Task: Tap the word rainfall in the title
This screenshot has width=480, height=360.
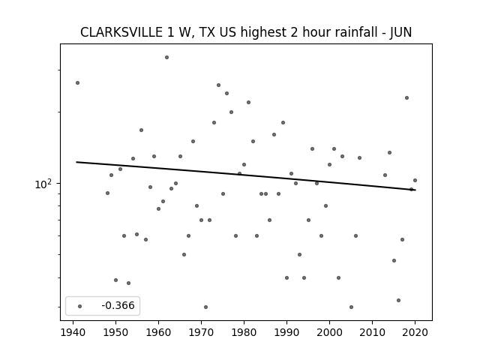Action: (359, 32)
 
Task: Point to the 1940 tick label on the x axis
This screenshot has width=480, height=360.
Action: (73, 332)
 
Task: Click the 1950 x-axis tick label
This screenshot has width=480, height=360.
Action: (115, 332)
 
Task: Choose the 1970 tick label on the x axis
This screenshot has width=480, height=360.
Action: (202, 332)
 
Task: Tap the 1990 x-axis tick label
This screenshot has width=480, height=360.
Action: (286, 332)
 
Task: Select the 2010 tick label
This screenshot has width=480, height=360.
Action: (372, 332)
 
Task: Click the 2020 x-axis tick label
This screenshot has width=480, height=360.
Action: (415, 332)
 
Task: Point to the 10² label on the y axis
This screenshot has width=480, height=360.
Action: (43, 184)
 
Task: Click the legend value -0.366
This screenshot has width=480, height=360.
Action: (118, 305)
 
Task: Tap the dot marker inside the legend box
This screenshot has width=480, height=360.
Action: (80, 306)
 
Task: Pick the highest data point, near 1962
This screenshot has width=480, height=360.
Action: (166, 57)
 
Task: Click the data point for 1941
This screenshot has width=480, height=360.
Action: (78, 83)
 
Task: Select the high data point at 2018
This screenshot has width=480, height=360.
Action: (406, 98)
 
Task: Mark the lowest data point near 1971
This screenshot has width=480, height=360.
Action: (205, 307)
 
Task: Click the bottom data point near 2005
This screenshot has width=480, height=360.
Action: (351, 307)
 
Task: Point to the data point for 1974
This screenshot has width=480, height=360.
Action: (218, 85)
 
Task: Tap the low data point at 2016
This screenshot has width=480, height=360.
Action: (398, 300)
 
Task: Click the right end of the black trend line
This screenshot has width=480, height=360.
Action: (415, 190)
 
